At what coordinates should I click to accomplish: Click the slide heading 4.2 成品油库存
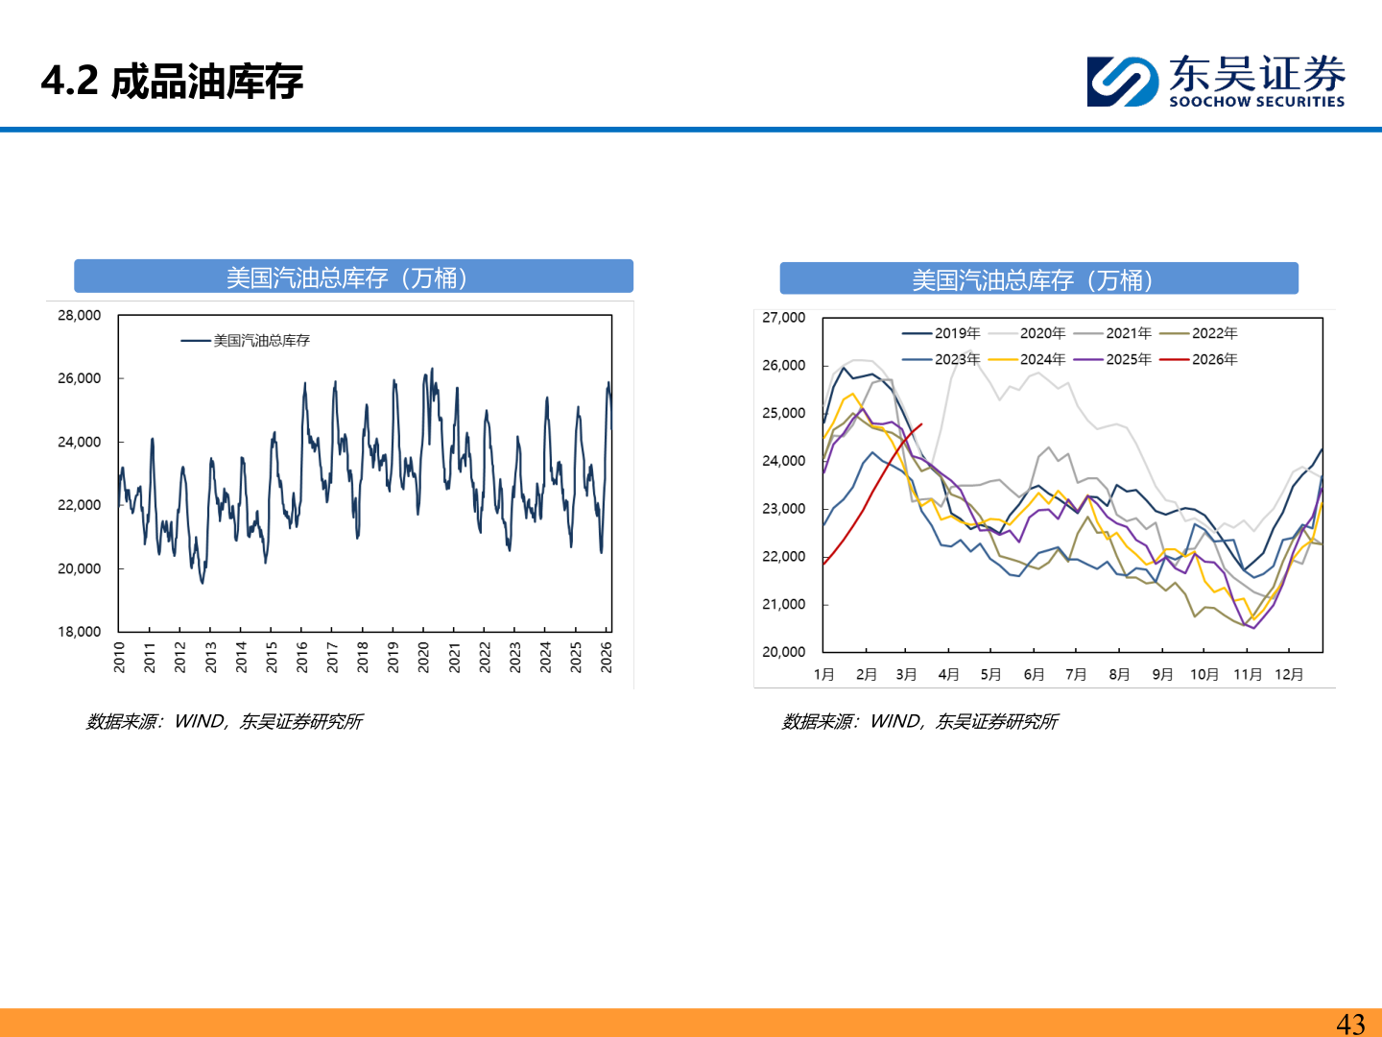point(172,82)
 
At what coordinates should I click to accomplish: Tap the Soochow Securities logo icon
point(1122,81)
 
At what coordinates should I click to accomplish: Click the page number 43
point(1350,1025)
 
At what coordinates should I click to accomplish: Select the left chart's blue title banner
point(353,277)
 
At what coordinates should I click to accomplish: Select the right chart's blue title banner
point(1038,279)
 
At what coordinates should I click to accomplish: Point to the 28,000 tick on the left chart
point(79,315)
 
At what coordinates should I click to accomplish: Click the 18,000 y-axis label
point(79,631)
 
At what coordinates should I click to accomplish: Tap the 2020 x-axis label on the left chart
point(423,657)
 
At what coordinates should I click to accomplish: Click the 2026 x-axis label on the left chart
point(606,657)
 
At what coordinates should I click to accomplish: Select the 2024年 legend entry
point(1042,359)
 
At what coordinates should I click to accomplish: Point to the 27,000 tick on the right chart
point(783,317)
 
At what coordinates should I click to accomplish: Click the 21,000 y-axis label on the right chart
point(783,604)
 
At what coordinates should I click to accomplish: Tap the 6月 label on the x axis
point(1034,674)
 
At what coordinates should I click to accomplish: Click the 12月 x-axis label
point(1289,674)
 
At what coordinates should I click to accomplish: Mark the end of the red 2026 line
point(921,424)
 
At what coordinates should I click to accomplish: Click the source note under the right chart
point(919,721)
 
